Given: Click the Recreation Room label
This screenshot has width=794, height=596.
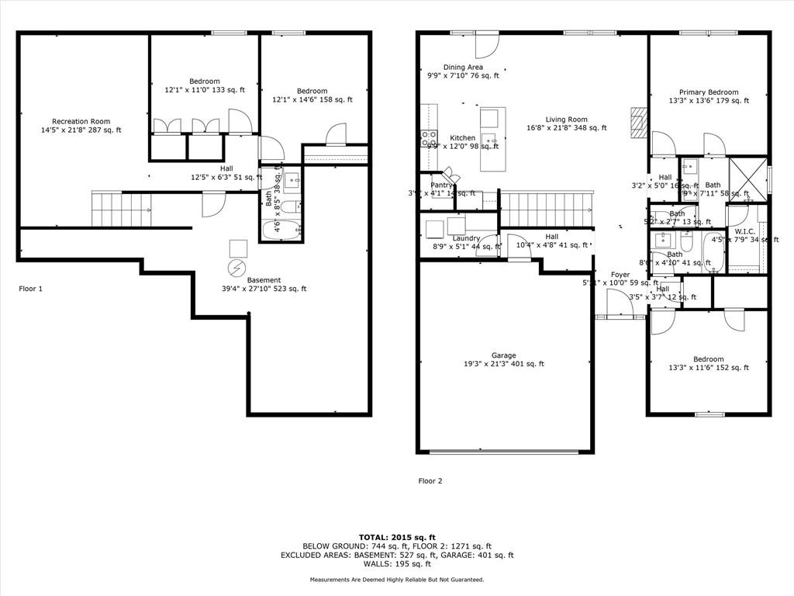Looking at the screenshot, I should [x=81, y=122].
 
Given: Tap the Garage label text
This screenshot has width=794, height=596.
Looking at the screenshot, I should [x=503, y=355].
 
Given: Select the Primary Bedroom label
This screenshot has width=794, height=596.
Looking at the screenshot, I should [x=709, y=92].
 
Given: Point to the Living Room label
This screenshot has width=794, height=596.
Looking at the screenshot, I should [x=566, y=120].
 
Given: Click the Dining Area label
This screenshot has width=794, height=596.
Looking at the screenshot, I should [x=463, y=68].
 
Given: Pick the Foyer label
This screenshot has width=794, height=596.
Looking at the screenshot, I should [x=620, y=275].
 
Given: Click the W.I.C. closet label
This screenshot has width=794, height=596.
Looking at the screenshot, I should [x=744, y=231].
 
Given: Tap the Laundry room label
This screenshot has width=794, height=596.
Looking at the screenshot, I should [x=467, y=238].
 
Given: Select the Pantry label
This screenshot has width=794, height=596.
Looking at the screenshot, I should [x=441, y=185].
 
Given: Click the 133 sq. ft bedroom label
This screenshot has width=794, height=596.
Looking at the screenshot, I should [x=205, y=81].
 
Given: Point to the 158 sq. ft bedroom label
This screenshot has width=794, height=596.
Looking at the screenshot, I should [x=312, y=91].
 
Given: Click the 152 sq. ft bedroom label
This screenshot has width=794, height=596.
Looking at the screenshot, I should [x=709, y=359].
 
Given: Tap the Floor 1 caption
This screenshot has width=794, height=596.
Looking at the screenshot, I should [x=30, y=289].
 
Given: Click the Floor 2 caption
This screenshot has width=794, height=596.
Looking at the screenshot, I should [x=430, y=481].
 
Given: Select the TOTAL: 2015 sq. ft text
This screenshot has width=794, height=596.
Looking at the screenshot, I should [x=397, y=537].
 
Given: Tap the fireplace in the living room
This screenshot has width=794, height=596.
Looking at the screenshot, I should [x=637, y=122].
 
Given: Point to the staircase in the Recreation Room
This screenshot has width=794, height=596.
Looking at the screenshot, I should [x=121, y=210].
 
